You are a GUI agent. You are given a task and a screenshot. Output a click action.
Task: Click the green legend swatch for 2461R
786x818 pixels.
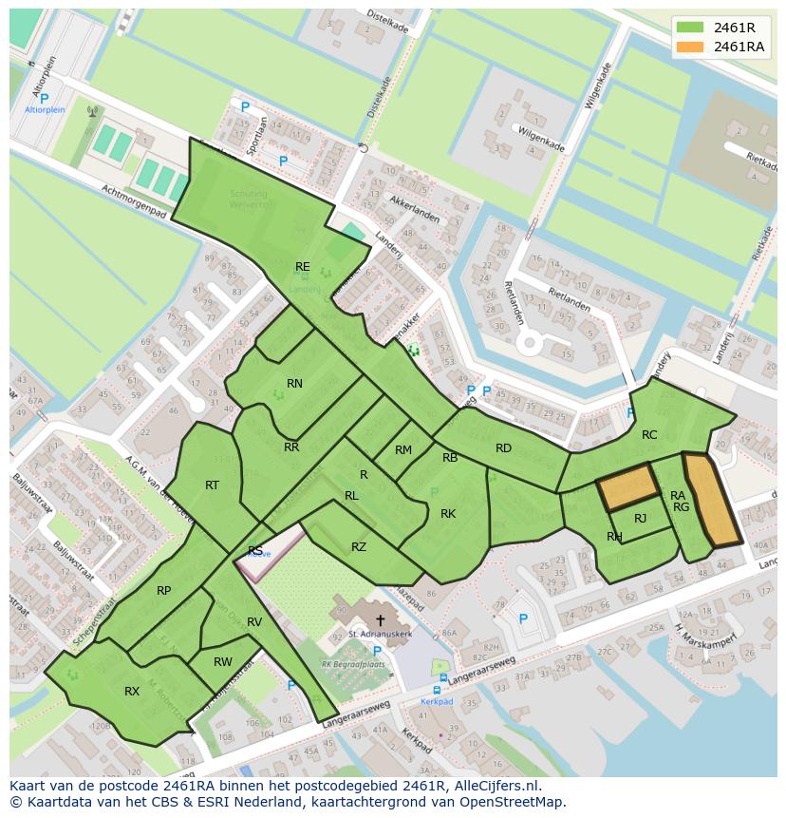(x=690, y=27)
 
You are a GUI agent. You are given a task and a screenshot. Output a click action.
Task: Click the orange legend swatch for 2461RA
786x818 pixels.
(x=690, y=47)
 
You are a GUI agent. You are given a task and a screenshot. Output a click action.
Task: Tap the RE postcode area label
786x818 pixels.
(x=302, y=267)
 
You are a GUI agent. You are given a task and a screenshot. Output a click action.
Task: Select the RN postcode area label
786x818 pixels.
(x=294, y=384)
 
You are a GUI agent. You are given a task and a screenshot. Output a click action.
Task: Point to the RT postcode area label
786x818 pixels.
(x=212, y=485)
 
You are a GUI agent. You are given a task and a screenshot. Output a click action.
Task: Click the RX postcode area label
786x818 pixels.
(x=132, y=692)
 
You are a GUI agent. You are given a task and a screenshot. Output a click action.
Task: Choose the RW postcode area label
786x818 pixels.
(x=223, y=662)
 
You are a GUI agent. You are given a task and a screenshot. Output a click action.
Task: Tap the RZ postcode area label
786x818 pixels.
(x=358, y=546)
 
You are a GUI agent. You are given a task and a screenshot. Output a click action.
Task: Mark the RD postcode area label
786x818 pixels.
(x=503, y=448)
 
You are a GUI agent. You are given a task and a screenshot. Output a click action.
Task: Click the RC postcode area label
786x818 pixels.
(x=649, y=435)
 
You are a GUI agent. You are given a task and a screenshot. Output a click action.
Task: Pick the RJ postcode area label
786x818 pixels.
(x=640, y=518)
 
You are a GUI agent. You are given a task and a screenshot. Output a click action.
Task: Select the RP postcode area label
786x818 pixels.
(x=164, y=591)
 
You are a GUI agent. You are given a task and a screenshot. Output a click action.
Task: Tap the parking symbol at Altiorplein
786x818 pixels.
(x=44, y=98)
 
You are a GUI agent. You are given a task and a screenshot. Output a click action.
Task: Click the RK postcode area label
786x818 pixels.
(x=448, y=514)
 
